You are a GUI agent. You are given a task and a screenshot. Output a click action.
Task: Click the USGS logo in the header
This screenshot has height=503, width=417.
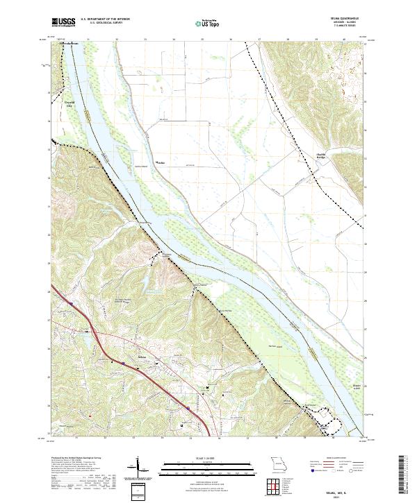tap(64, 22)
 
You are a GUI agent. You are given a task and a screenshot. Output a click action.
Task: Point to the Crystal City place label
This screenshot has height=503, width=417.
tap(69, 105)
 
